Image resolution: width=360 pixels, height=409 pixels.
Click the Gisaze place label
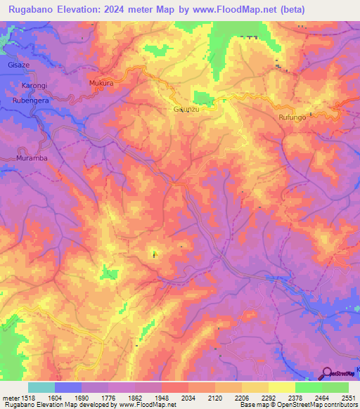(x=19, y=64)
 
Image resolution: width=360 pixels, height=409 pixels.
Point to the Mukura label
(x=101, y=83)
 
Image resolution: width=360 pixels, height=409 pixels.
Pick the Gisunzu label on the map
(x=187, y=110)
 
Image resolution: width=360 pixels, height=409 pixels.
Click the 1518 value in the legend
(x=28, y=398)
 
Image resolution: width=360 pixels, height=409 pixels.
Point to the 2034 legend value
(x=188, y=398)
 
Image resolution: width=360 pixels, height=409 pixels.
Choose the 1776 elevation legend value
(x=108, y=398)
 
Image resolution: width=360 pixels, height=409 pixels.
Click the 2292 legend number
(x=268, y=398)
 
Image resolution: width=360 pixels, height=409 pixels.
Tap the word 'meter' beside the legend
(x=10, y=398)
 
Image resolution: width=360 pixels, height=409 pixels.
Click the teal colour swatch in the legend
(x=41, y=387)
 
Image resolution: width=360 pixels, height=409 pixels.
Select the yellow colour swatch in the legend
(x=282, y=387)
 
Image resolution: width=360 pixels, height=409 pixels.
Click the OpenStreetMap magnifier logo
(x=326, y=373)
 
